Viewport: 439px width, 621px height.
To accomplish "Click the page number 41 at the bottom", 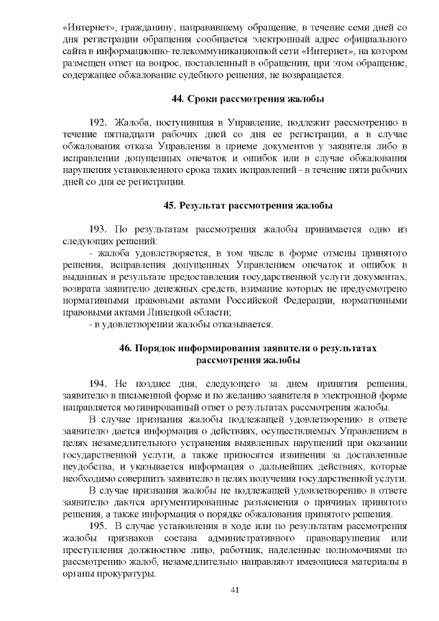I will [234, 591].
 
